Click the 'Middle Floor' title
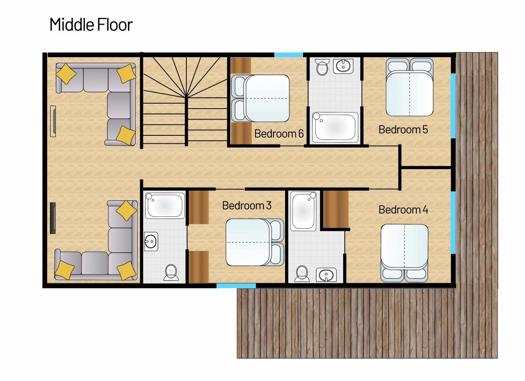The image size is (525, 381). (x=91, y=25)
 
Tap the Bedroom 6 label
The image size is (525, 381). (x=279, y=134)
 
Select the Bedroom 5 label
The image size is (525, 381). (x=403, y=130)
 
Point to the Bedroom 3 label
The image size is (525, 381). (x=247, y=206)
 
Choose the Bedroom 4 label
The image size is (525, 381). (x=403, y=209)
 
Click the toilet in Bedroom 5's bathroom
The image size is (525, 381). (x=322, y=67)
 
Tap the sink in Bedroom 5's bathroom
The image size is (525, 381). (x=343, y=66)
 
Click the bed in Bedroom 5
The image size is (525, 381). (x=410, y=87)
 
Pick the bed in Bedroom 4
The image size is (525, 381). (x=404, y=253)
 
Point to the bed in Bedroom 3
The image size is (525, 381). (x=255, y=242)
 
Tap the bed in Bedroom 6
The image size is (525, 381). (x=260, y=99)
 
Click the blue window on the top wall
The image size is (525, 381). (x=288, y=55)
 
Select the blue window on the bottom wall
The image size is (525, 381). (x=236, y=286)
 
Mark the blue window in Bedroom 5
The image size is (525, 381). (x=453, y=106)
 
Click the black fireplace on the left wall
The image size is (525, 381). (x=53, y=218)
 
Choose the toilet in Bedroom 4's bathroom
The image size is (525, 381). (x=302, y=274)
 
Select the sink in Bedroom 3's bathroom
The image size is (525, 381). (x=151, y=241)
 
